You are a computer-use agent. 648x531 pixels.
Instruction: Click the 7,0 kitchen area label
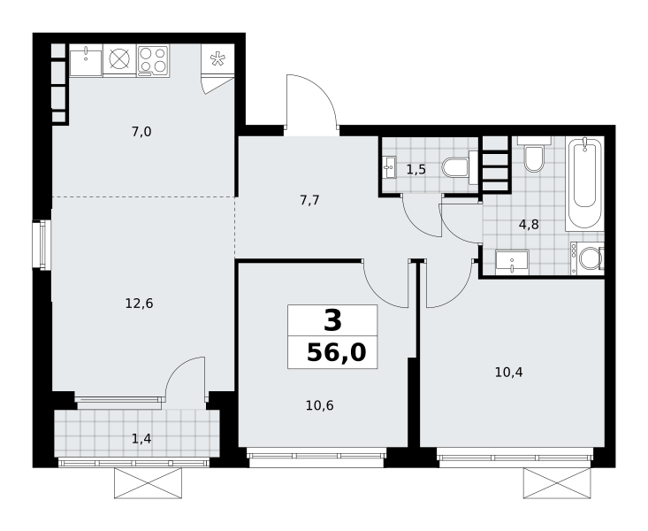[141, 132]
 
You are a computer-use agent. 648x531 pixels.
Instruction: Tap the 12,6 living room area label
[140, 304]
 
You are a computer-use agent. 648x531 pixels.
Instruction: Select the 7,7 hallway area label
[309, 201]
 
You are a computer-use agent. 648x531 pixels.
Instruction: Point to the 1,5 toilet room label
[415, 170]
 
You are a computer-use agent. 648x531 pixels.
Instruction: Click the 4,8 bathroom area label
[529, 225]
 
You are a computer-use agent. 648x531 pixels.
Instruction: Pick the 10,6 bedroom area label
[319, 405]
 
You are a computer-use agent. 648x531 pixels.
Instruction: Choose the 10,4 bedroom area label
[508, 373]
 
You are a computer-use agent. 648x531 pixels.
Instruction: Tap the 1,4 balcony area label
[141, 439]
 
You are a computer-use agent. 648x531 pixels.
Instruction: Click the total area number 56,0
[337, 353]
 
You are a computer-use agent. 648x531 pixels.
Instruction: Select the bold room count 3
[332, 320]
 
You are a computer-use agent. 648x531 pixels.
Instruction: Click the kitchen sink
[86, 61]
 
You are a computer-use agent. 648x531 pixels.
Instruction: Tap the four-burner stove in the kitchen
[153, 60]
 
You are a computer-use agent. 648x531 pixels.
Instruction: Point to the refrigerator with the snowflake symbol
[217, 58]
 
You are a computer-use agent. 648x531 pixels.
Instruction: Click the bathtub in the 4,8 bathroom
[584, 183]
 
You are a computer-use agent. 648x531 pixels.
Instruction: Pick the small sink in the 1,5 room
[389, 167]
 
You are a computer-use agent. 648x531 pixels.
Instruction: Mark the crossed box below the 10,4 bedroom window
[557, 483]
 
